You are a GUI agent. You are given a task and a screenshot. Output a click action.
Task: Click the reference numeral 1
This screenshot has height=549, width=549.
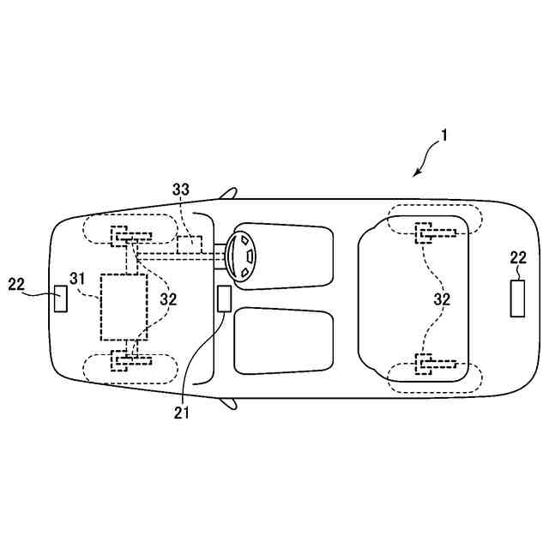tap(445, 135)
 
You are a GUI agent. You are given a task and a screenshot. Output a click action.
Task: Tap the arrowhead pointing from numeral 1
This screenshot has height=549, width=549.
tap(416, 174)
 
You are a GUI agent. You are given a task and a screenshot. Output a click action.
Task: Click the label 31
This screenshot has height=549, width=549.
tap(78, 279)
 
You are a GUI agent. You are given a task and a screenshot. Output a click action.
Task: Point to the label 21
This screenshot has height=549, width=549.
tap(181, 413)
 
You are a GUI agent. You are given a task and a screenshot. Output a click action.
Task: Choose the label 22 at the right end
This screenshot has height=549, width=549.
tap(517, 257)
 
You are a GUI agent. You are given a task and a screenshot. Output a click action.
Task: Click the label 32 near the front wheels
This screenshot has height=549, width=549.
tap(168, 300)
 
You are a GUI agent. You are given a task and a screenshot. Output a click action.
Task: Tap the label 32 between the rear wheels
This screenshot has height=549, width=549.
tap(442, 300)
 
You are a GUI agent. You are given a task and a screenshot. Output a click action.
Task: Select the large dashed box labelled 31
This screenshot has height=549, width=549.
tap(124, 306)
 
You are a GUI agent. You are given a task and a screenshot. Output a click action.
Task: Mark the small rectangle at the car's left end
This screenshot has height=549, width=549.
tap(60, 299)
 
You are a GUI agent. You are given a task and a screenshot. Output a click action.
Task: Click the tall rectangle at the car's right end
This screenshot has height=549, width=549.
tap(517, 297)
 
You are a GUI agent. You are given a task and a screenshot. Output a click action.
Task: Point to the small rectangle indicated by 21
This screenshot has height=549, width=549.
tap(224, 299)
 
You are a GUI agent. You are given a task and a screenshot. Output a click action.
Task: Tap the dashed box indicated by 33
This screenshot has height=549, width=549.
tap(190, 244)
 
